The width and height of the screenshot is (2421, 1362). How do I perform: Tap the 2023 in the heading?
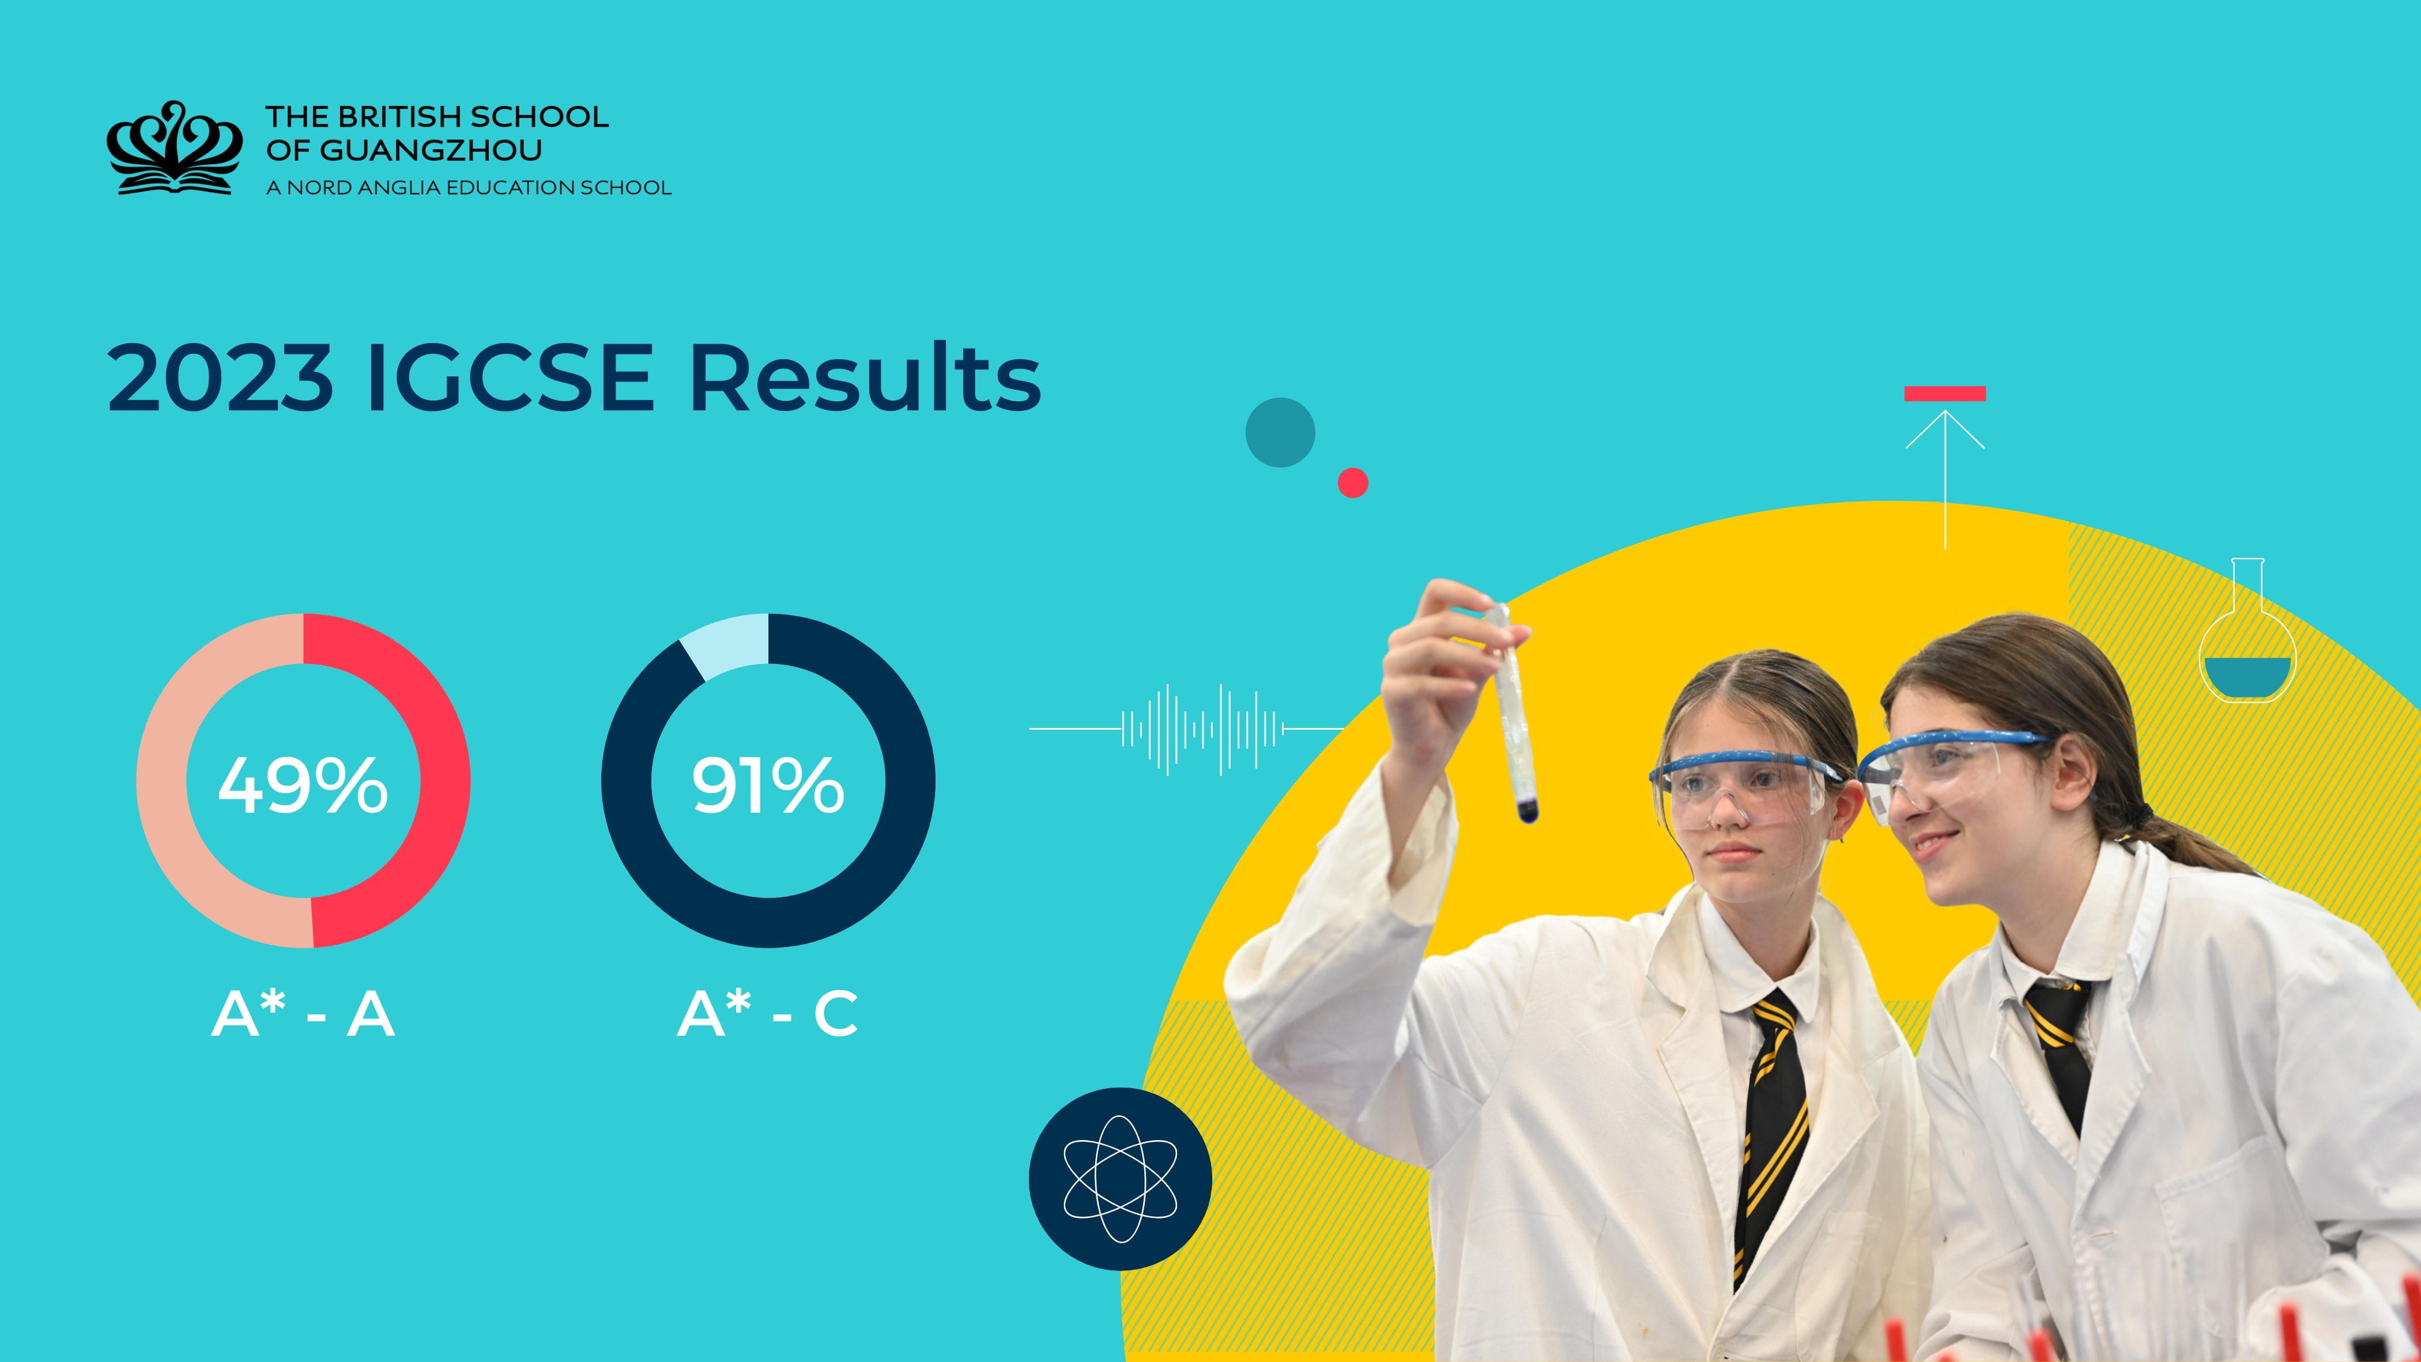(x=220, y=379)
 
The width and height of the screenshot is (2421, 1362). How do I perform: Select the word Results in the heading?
(x=865, y=379)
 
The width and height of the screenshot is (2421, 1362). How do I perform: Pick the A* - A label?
(x=303, y=1015)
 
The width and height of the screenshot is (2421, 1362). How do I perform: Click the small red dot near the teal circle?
(x=1352, y=482)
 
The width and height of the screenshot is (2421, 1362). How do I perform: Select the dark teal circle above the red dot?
(x=1280, y=432)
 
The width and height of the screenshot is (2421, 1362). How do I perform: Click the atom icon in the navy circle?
(x=1119, y=1179)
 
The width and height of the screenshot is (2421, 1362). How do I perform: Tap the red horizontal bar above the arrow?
(x=1944, y=394)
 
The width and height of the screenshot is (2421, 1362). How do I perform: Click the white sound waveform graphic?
(x=1203, y=729)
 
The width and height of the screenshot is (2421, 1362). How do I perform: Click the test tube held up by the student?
(x=1513, y=714)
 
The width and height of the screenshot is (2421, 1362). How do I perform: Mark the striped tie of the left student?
(x=1771, y=1128)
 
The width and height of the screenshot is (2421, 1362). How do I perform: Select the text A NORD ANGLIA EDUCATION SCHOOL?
(x=468, y=188)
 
